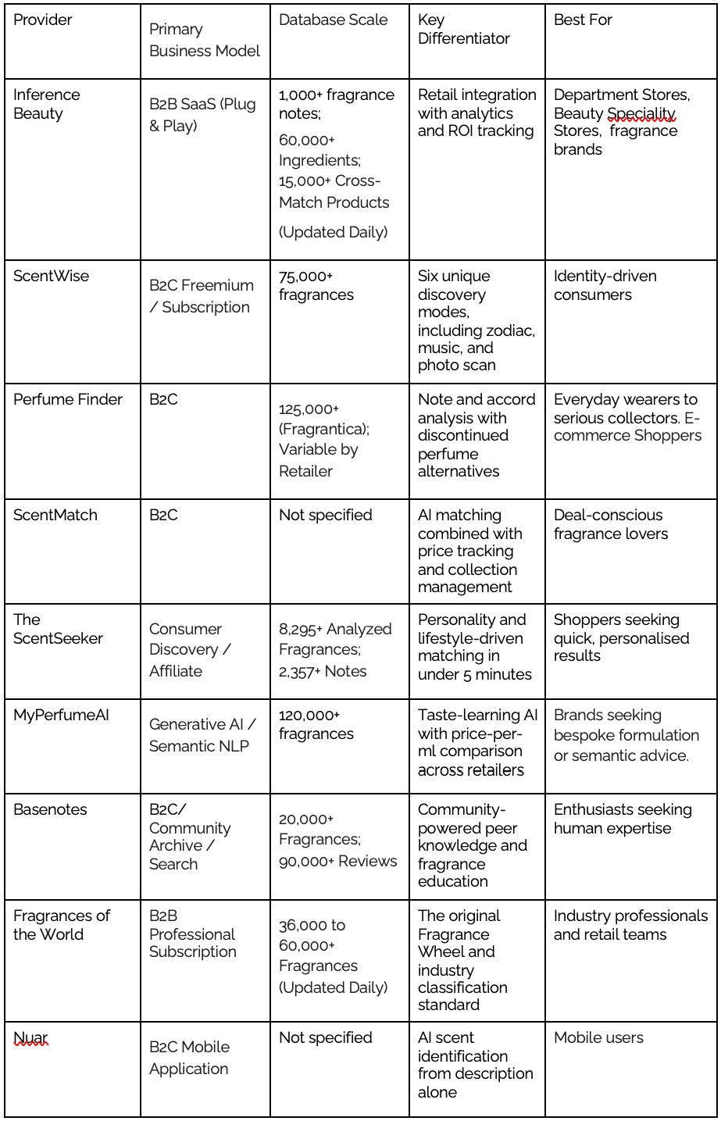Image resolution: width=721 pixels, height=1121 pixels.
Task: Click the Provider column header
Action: (x=43, y=20)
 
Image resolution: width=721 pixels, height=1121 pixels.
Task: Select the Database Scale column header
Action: (x=333, y=20)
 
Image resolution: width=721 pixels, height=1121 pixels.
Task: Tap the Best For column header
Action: (x=583, y=20)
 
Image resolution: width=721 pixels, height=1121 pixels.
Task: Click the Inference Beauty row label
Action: (x=47, y=104)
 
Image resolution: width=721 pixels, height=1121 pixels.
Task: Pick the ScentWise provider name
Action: (x=52, y=276)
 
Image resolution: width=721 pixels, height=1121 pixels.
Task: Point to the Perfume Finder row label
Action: (x=68, y=399)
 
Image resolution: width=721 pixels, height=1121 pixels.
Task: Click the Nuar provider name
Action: (x=30, y=1037)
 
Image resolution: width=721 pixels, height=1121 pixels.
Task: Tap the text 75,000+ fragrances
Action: (x=316, y=285)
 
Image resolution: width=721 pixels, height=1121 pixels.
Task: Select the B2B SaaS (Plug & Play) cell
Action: (x=202, y=114)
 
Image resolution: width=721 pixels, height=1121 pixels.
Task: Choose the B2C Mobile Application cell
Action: (x=190, y=1058)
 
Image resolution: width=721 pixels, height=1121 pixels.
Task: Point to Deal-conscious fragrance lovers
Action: (x=611, y=524)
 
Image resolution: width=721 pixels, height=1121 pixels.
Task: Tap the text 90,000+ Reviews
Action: (x=337, y=861)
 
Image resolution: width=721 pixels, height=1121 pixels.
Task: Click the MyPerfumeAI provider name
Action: (x=61, y=715)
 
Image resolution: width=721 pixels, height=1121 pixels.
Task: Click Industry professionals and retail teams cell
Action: (x=630, y=924)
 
